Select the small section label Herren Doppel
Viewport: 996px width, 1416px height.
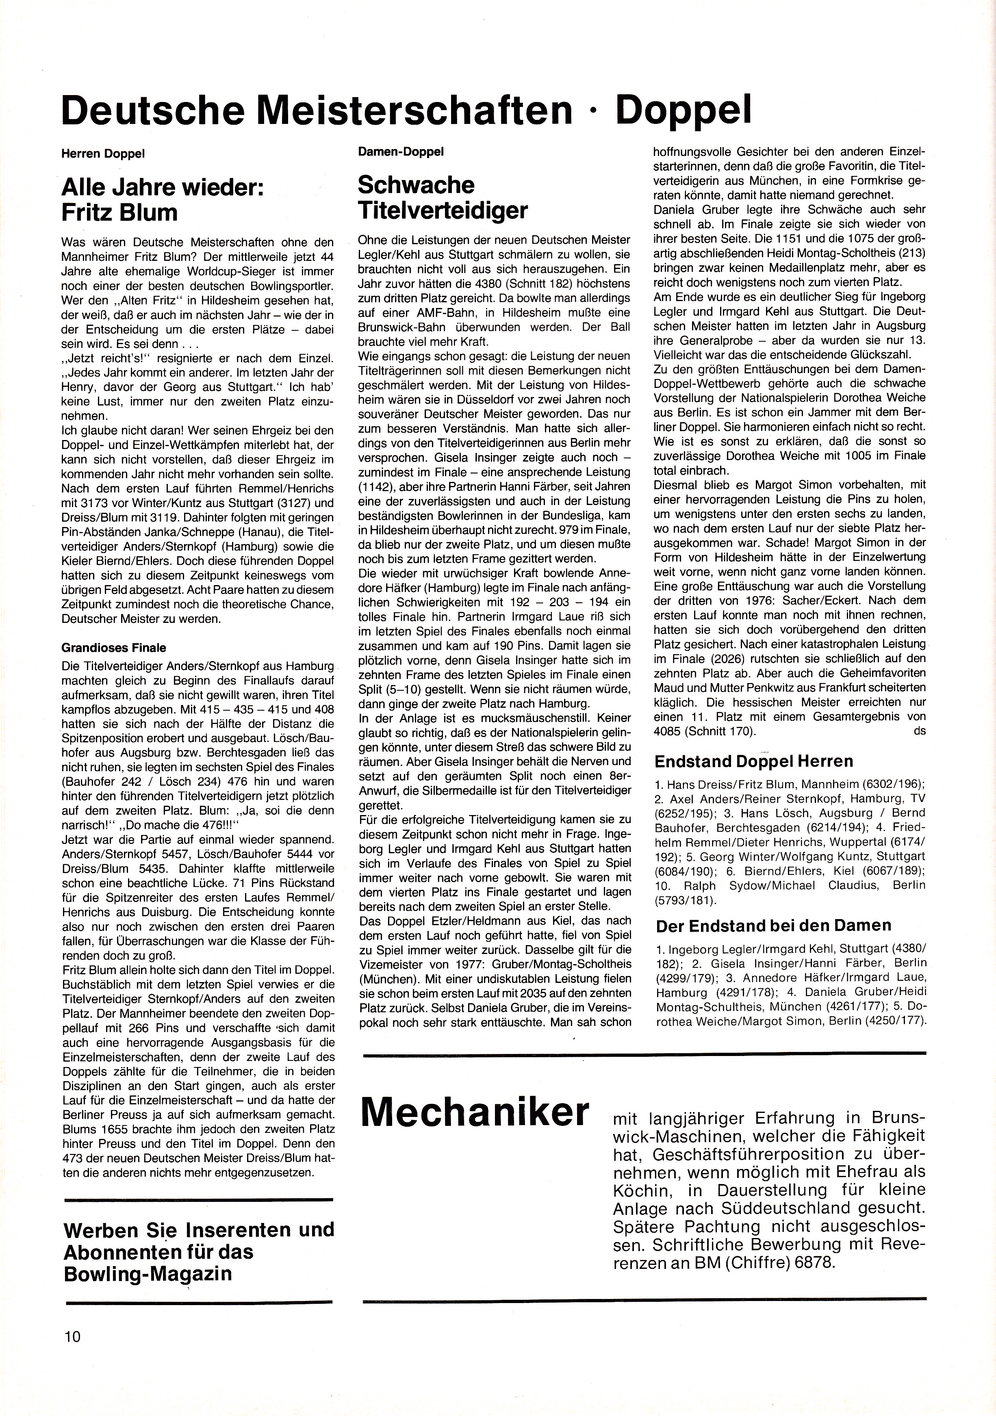click(103, 154)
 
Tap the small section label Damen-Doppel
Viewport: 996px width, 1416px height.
click(400, 151)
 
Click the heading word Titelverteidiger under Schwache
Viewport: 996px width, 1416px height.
click(443, 211)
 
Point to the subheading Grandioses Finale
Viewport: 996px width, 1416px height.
click(114, 648)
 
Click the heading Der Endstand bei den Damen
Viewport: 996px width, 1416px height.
click(773, 925)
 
